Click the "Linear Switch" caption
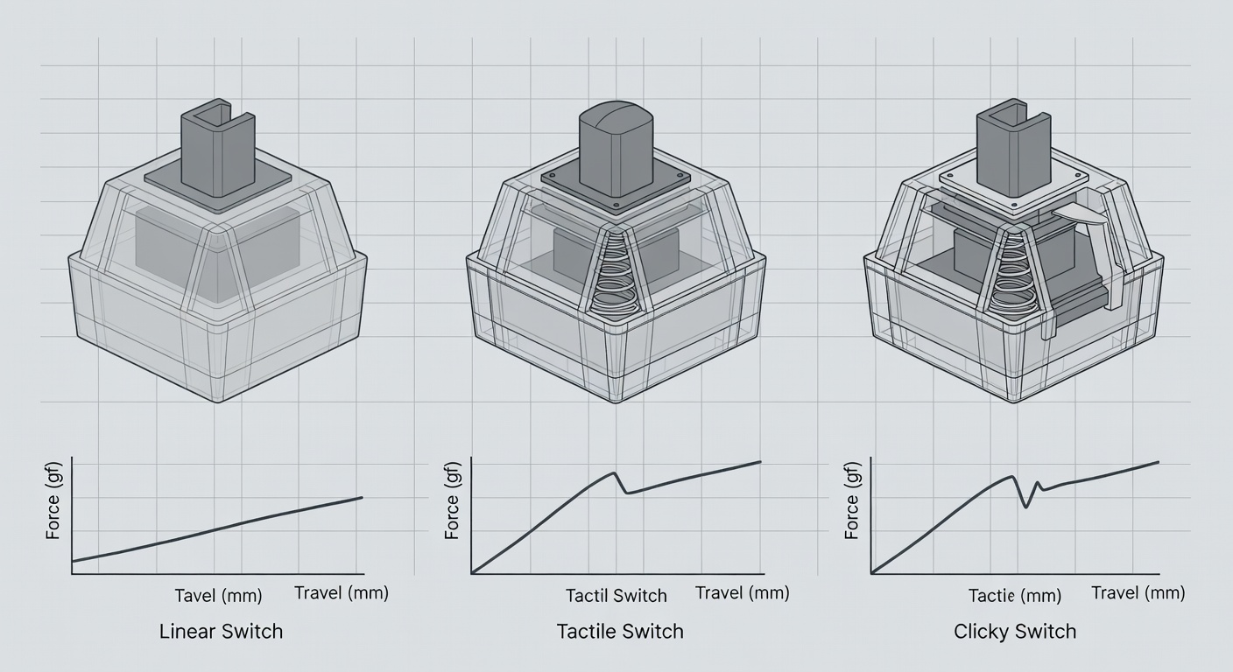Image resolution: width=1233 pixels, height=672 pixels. tap(221, 631)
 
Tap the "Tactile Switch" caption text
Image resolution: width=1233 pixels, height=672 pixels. tap(620, 631)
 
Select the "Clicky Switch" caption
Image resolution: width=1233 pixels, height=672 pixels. tap(1015, 631)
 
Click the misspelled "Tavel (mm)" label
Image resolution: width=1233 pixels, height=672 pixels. tap(218, 597)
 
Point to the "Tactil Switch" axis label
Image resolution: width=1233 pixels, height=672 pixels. tap(616, 596)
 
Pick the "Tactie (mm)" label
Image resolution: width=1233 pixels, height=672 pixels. tap(1015, 597)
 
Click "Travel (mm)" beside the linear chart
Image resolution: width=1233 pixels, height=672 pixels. tap(342, 593)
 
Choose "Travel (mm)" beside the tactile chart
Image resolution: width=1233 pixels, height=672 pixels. tap(742, 593)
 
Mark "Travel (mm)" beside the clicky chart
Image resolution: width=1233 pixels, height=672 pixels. tap(1138, 593)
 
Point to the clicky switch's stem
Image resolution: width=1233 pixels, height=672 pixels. tap(1014, 149)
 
